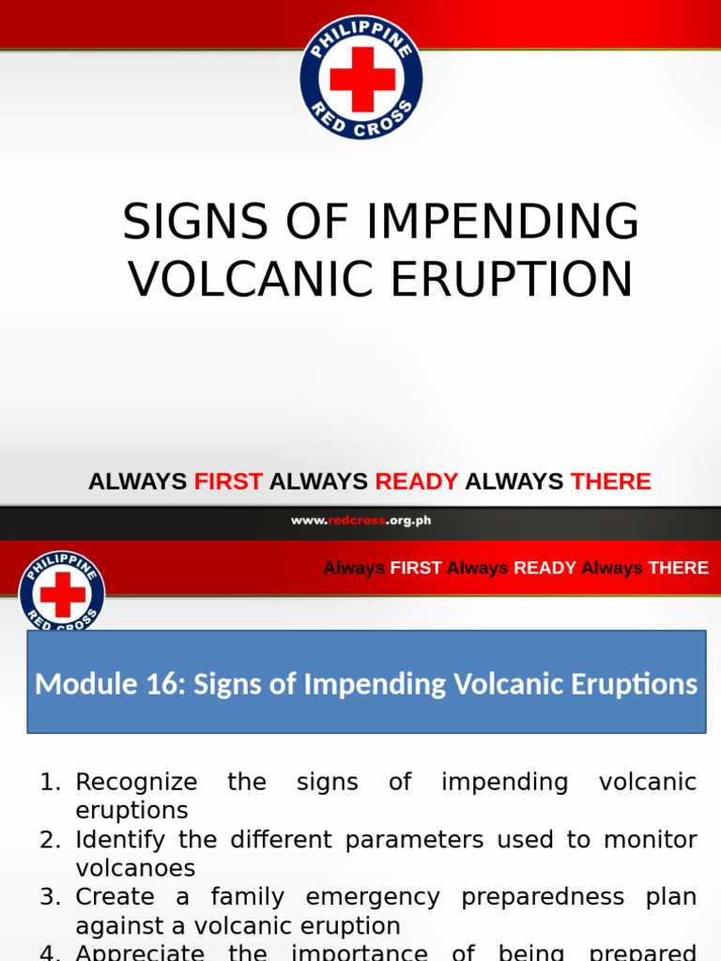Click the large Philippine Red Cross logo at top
(361, 78)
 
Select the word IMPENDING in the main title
(503, 222)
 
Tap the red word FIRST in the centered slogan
(228, 481)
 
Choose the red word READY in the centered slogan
(417, 481)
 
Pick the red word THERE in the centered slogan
(611, 481)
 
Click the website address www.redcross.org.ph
(361, 521)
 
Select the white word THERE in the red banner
(678, 568)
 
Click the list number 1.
(49, 782)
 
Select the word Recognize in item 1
(136, 782)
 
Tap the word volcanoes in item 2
(135, 868)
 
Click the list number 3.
(49, 897)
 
